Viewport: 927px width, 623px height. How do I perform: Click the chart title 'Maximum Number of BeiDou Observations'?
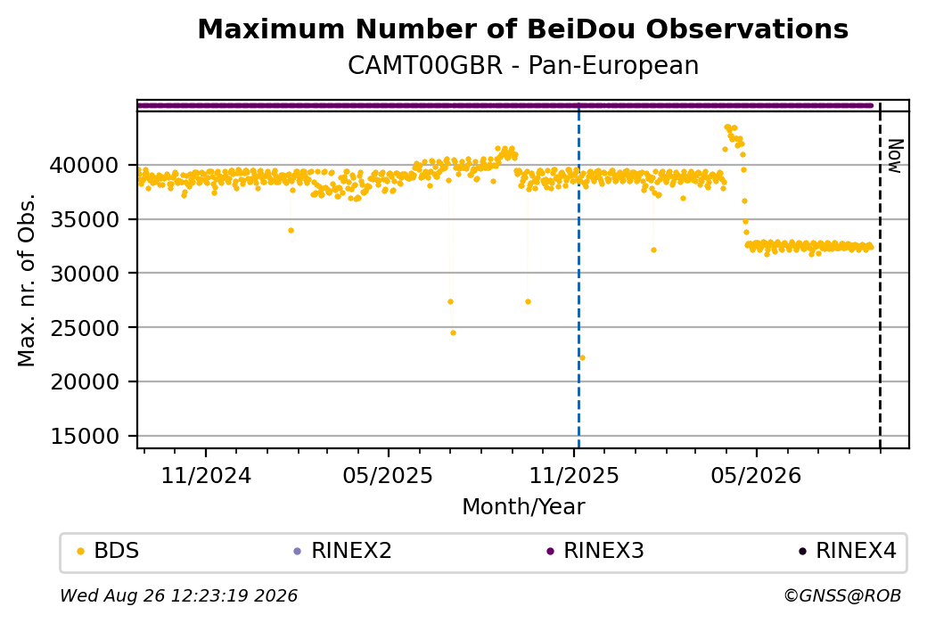(x=522, y=29)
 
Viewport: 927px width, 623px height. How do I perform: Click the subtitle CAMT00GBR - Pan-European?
(x=523, y=65)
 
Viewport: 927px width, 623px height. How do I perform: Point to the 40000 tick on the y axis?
(x=85, y=166)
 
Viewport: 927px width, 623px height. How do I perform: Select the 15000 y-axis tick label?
(x=85, y=436)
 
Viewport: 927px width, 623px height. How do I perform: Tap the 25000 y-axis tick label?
(x=85, y=328)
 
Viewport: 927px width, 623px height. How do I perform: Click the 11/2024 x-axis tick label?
(x=206, y=475)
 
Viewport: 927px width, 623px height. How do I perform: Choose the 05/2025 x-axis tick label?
(x=388, y=475)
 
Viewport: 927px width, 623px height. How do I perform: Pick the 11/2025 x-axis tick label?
(x=573, y=475)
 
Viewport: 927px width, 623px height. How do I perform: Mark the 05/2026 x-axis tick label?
(x=756, y=475)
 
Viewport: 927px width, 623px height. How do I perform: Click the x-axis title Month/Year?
(x=523, y=506)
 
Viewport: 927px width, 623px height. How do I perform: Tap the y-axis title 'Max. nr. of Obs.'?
(x=27, y=280)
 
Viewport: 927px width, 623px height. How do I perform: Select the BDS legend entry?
(x=108, y=551)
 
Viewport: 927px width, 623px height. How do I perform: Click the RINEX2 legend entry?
(x=343, y=551)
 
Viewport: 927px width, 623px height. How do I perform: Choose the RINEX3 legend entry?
(x=595, y=551)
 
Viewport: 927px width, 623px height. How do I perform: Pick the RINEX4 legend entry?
(x=848, y=551)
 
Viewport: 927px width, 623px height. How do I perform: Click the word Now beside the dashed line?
(x=897, y=156)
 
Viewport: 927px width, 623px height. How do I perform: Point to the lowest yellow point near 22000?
(x=582, y=357)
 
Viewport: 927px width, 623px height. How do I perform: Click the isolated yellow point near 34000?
(x=291, y=231)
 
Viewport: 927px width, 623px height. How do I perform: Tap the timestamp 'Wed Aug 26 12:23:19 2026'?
(x=178, y=595)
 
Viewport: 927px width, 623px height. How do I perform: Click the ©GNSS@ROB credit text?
(x=842, y=595)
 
